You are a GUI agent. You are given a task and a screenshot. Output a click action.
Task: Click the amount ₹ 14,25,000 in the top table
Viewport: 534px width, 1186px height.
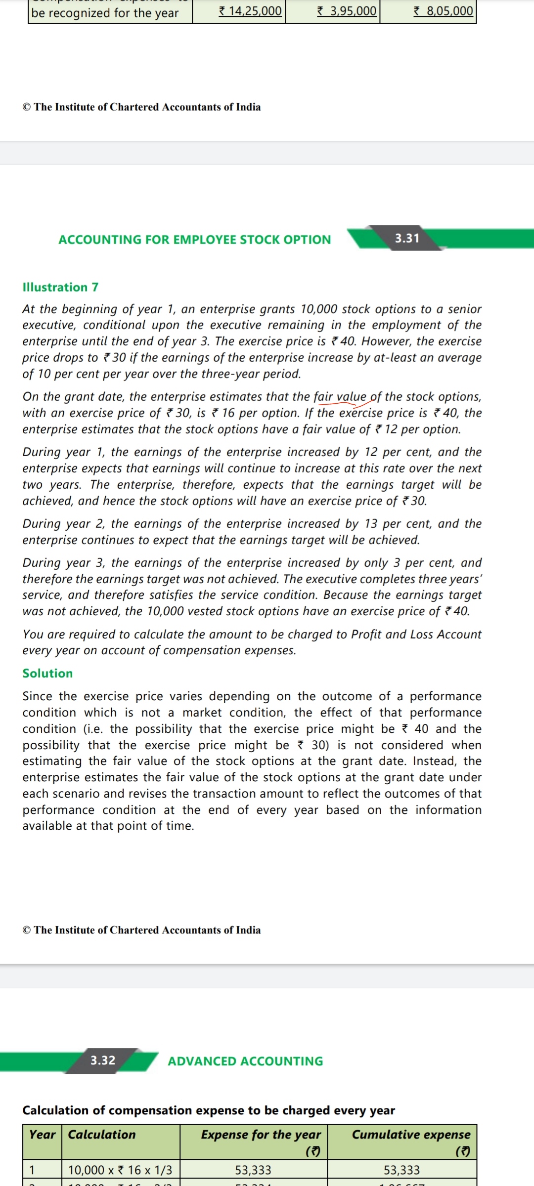pyautogui.click(x=250, y=11)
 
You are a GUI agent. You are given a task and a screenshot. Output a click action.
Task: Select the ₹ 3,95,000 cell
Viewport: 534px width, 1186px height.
pyautogui.click(x=347, y=11)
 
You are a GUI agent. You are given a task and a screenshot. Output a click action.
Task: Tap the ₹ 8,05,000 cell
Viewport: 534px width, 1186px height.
pyautogui.click(x=444, y=11)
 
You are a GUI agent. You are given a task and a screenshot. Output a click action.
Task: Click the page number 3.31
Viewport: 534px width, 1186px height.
pyautogui.click(x=407, y=238)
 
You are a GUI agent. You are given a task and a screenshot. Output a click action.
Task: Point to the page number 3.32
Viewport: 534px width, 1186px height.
pyautogui.click(x=103, y=1060)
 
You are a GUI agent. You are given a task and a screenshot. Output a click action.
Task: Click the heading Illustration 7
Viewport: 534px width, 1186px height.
pyautogui.click(x=60, y=287)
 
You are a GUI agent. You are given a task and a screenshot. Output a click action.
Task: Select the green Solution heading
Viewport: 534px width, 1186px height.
pyautogui.click(x=47, y=673)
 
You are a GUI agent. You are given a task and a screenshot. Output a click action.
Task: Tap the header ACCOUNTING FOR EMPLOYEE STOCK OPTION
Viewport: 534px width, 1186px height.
pyautogui.click(x=194, y=240)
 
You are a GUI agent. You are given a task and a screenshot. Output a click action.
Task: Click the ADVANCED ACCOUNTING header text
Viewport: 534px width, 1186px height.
pyautogui.click(x=245, y=1061)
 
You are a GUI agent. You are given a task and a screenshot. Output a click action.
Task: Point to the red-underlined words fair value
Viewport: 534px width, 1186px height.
pyautogui.click(x=340, y=397)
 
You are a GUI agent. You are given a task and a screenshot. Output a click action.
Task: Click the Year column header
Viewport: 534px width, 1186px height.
pyautogui.click(x=42, y=1135)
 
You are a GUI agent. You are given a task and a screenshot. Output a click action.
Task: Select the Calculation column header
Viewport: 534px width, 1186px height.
pyautogui.click(x=101, y=1135)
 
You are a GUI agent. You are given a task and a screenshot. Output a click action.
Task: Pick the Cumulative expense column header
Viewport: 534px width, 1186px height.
pyautogui.click(x=411, y=1135)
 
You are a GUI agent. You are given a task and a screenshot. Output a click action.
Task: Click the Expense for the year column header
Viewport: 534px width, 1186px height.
pyautogui.click(x=261, y=1135)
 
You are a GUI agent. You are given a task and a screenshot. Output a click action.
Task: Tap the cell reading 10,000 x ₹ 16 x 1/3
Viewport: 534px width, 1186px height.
pyautogui.click(x=120, y=1170)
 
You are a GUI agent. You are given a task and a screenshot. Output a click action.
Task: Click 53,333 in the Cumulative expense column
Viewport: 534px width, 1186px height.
pyautogui.click(x=401, y=1170)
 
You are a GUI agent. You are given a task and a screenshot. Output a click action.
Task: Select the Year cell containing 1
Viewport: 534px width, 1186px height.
pyautogui.click(x=32, y=1170)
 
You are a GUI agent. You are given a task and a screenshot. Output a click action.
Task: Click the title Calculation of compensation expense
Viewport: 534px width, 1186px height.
pyautogui.click(x=208, y=1110)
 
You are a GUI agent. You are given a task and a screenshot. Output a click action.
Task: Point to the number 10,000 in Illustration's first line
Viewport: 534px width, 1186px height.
pyautogui.click(x=318, y=309)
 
